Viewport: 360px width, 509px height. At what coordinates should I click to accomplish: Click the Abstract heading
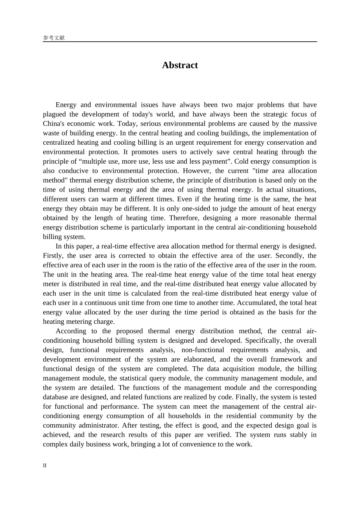click(x=180, y=65)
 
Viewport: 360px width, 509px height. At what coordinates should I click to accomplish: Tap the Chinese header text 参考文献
click(x=54, y=38)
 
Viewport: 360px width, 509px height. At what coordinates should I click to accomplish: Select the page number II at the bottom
click(x=45, y=465)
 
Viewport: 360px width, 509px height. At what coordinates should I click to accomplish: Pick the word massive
click(x=305, y=124)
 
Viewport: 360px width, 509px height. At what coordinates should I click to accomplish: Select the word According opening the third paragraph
click(x=70, y=331)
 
